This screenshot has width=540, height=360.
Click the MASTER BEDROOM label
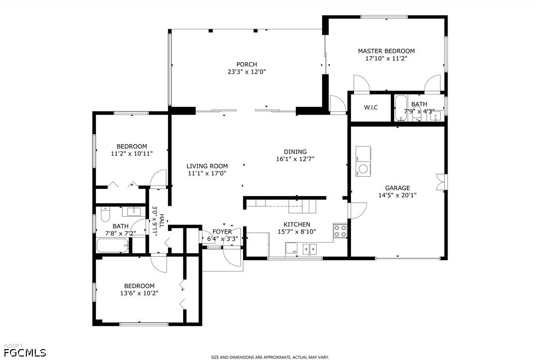[386, 51]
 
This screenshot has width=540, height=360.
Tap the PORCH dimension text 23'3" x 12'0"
[247, 72]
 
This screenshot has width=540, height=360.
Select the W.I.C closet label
[370, 107]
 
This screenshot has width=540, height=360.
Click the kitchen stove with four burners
[340, 231]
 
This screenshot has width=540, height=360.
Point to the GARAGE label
[397, 188]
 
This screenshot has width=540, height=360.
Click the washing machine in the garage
[363, 169]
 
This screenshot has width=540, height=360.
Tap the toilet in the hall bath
[105, 215]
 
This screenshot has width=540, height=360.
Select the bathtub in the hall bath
[113, 246]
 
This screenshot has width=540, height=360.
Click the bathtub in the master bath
[400, 108]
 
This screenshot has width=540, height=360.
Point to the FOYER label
[222, 232]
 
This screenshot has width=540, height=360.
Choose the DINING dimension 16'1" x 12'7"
[295, 159]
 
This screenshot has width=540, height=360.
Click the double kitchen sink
[310, 249]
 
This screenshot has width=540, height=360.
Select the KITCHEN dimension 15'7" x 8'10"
[297, 232]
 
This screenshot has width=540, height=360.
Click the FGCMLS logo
[24, 353]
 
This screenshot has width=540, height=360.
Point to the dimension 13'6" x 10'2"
[139, 293]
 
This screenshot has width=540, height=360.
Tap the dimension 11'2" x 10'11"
[132, 154]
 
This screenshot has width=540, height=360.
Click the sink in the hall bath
[134, 211]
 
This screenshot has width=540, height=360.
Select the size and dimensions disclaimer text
[270, 357]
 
